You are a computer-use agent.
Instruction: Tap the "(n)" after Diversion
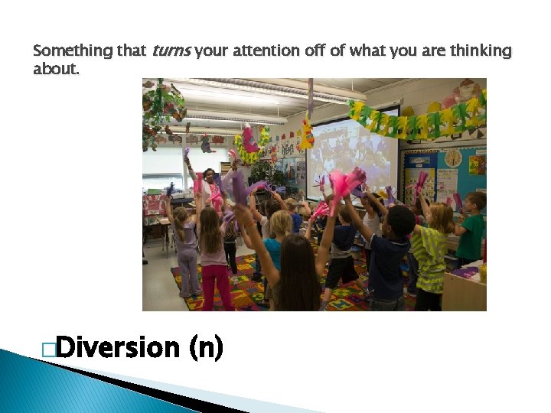[x=205, y=348]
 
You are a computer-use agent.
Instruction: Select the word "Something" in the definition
[x=73, y=51]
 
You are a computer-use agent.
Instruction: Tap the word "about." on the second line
[x=55, y=69]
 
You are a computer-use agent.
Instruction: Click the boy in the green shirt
[x=472, y=229]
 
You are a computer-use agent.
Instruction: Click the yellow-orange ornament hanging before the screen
[x=307, y=134]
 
